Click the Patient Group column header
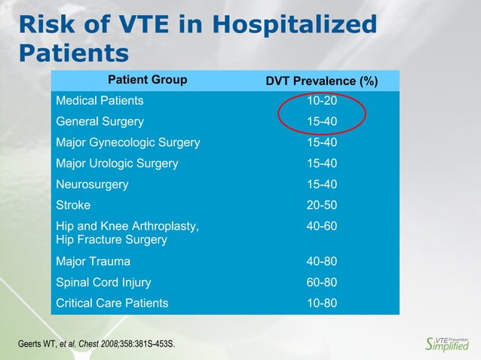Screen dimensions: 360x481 click(148, 80)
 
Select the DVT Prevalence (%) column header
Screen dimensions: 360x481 click(322, 81)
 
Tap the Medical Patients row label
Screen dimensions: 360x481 click(100, 100)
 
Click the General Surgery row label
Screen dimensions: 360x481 click(100, 121)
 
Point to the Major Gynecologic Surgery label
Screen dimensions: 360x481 click(128, 142)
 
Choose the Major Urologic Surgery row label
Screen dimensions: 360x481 click(117, 163)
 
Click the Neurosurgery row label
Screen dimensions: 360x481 click(92, 185)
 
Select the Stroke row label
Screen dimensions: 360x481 click(73, 205)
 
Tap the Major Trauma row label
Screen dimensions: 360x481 click(93, 261)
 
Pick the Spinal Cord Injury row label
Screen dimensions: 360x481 click(103, 282)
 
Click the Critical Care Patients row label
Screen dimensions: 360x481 click(112, 304)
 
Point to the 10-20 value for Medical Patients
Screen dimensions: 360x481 click(322, 100)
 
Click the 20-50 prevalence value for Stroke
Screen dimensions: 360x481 click(322, 205)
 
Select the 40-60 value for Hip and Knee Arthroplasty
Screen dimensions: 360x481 click(322, 226)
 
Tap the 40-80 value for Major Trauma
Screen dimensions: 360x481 click(322, 261)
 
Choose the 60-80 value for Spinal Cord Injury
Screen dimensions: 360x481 click(322, 282)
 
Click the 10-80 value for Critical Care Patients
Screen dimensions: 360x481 click(322, 304)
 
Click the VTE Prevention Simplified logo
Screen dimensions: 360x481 click(447, 343)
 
